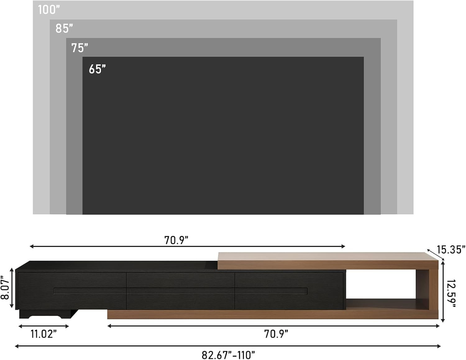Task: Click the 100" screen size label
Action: point(49,10)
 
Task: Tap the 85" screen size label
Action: point(64,29)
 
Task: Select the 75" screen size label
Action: point(80,48)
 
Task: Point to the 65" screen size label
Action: point(97,69)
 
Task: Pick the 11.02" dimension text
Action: point(43,334)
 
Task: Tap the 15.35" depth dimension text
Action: point(451,249)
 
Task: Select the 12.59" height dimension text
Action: point(451,294)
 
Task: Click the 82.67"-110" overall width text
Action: point(228,355)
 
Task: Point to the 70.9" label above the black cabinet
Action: point(176,240)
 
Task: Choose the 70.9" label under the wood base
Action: point(276,334)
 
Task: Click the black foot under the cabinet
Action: point(47,314)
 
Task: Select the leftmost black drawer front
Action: point(72,291)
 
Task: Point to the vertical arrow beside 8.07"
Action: point(12,288)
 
